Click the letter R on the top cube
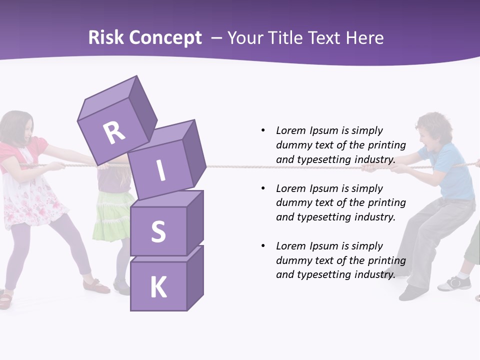tap(114, 132)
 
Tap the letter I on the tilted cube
tap(160, 170)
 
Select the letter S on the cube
tap(158, 232)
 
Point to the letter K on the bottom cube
tap(158, 287)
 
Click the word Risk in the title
tap(105, 38)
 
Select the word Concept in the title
tap(165, 38)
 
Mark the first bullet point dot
tap(263, 130)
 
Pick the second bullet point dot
tap(263, 188)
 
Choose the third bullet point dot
tap(263, 246)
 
